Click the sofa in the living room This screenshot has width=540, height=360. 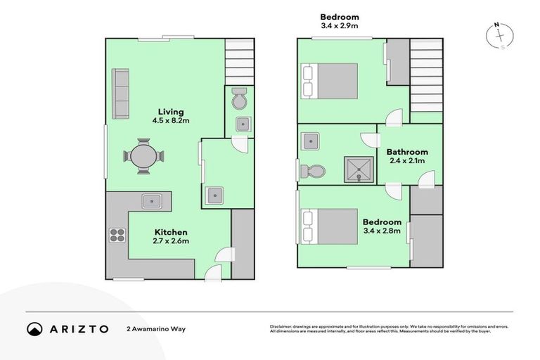(122, 94)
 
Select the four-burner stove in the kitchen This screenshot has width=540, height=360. (117, 234)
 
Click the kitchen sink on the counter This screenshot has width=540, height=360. (152, 201)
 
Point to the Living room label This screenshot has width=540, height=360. (170, 112)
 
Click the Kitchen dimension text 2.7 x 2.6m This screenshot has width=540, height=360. (171, 241)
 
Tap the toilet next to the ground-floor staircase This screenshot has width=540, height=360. (240, 101)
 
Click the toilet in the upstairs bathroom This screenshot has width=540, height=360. (313, 171)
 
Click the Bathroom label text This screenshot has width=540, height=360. (408, 152)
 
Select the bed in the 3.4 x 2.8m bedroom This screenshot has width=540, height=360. (330, 226)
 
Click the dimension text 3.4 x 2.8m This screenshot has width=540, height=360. (382, 231)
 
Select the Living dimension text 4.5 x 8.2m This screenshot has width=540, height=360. (171, 121)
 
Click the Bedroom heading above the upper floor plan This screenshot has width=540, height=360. (340, 17)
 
